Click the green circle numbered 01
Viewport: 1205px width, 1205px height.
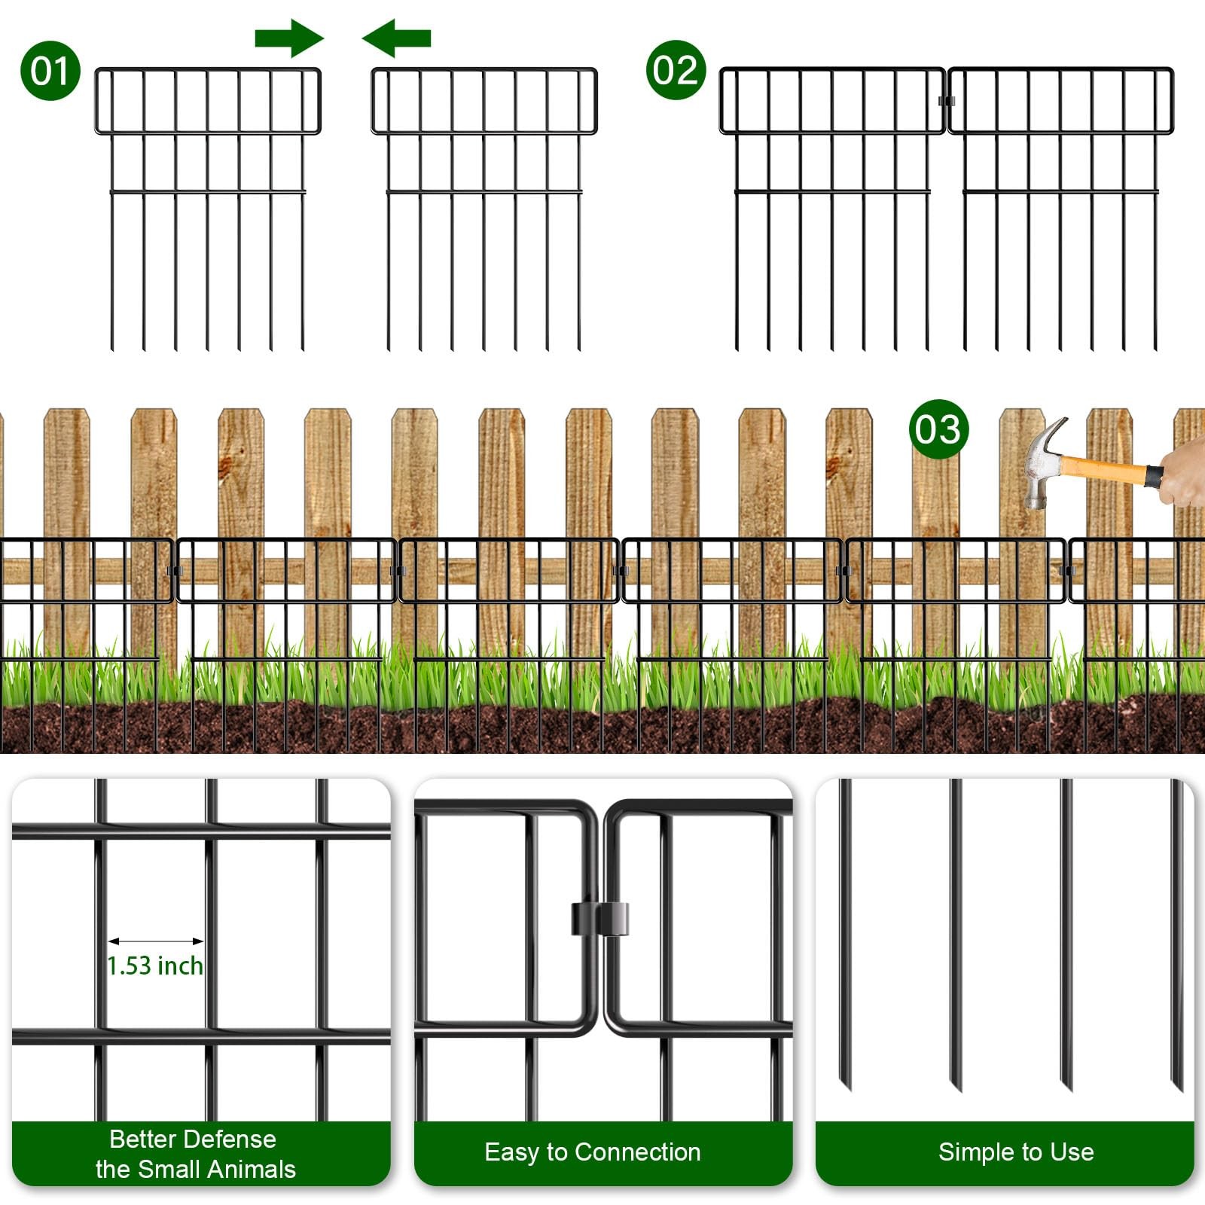[x=50, y=71]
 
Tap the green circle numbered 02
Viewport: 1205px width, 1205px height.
[x=676, y=70]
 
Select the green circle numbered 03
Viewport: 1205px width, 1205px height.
[x=938, y=429]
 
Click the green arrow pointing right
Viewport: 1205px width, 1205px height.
[x=289, y=38]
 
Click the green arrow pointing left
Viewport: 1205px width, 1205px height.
[x=396, y=38]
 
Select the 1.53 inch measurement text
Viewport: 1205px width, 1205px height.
[x=155, y=966]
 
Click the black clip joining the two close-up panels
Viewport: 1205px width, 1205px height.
[x=599, y=919]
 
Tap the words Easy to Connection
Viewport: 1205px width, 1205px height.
[x=593, y=1152]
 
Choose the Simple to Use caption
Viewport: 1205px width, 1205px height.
[x=1016, y=1152]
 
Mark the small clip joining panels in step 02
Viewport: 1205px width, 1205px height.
[x=947, y=101]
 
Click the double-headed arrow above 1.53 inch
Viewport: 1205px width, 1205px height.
[x=156, y=941]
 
